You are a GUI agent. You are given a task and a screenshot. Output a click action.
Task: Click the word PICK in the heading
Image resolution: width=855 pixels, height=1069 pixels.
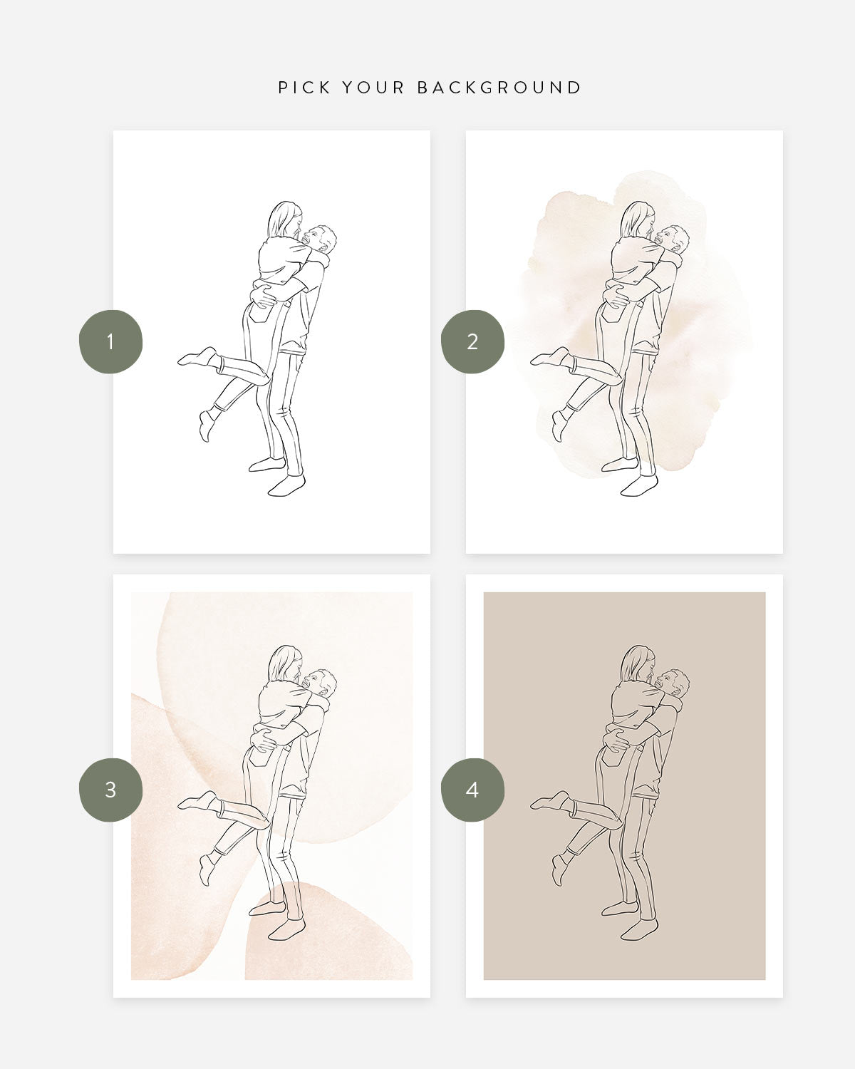click(x=304, y=88)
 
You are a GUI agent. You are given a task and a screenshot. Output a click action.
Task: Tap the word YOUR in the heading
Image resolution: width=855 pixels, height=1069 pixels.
click(x=373, y=88)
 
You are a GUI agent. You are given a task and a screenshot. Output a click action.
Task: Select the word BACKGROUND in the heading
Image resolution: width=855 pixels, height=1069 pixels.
click(x=499, y=88)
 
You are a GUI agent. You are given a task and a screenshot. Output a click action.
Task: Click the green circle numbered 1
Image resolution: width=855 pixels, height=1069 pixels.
click(x=110, y=342)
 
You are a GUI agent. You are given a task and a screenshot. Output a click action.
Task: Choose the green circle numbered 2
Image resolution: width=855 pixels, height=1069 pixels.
click(x=472, y=342)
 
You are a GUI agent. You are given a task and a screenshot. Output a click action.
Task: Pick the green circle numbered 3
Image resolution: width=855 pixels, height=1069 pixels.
click(x=110, y=790)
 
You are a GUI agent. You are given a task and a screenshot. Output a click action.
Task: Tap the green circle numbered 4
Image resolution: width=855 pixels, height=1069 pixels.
click(x=472, y=790)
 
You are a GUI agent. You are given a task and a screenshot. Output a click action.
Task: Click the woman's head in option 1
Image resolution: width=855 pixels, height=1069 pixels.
click(x=285, y=220)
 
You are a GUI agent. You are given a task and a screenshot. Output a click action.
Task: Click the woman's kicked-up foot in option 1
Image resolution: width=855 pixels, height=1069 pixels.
click(x=198, y=356)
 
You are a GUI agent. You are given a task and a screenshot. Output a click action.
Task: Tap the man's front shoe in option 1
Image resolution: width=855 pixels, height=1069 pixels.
click(x=286, y=485)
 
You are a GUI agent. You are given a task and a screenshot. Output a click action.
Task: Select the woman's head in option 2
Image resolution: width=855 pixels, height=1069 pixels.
click(x=638, y=220)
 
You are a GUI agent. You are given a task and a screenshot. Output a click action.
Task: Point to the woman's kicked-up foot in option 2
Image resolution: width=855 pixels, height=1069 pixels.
click(x=551, y=356)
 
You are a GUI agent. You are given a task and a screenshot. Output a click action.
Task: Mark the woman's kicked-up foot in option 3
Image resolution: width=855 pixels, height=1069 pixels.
click(x=198, y=801)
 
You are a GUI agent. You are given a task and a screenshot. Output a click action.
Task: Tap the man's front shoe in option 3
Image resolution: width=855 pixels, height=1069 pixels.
click(x=286, y=929)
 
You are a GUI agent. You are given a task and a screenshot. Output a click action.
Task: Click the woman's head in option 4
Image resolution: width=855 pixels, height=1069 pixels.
click(x=638, y=664)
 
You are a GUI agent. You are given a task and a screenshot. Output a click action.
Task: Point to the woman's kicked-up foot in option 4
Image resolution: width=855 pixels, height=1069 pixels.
click(x=551, y=801)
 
